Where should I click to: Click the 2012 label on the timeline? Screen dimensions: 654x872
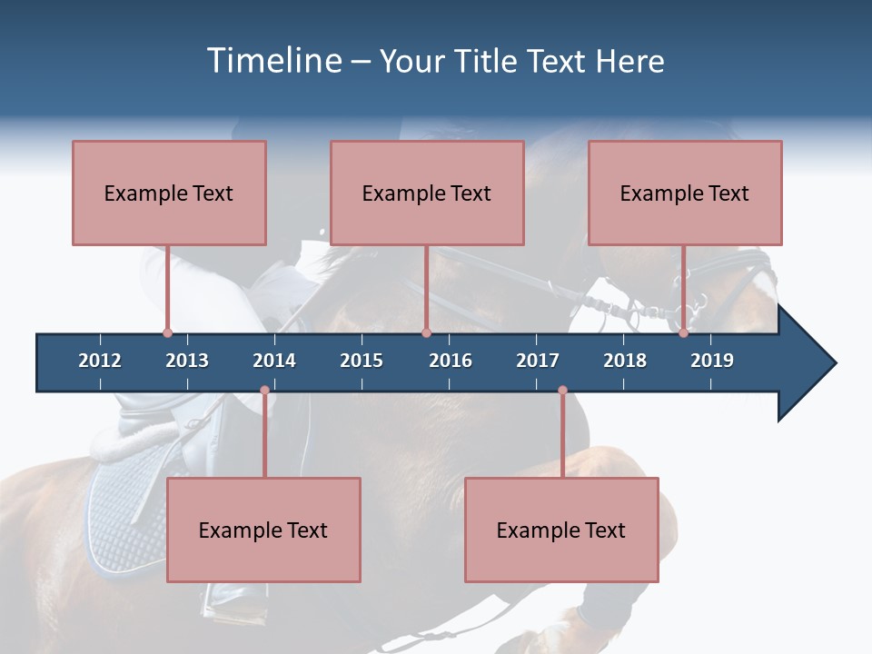100,361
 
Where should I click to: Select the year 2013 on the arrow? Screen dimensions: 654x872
187,361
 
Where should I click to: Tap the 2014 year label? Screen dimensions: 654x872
274,361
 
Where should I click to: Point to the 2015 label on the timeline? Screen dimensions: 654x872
362,361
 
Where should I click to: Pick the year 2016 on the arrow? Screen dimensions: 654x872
451,361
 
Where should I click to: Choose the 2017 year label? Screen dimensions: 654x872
538,361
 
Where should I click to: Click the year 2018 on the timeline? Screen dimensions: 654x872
625,361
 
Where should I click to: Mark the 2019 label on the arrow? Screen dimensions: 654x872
712,361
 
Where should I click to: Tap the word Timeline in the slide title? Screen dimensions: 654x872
272,61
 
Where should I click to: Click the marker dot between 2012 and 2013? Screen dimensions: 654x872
167,333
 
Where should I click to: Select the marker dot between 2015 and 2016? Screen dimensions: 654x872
426,333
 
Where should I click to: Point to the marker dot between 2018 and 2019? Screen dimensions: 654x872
684,333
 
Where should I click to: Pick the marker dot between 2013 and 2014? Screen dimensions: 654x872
264,391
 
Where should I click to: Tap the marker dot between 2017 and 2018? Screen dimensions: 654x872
562,391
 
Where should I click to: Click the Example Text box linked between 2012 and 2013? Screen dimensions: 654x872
169,193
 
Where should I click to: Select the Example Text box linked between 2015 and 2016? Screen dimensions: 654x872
427,193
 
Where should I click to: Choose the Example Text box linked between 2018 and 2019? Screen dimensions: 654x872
685,193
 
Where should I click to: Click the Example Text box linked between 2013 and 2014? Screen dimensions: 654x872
263,530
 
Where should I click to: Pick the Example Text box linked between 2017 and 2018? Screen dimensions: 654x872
561,530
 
